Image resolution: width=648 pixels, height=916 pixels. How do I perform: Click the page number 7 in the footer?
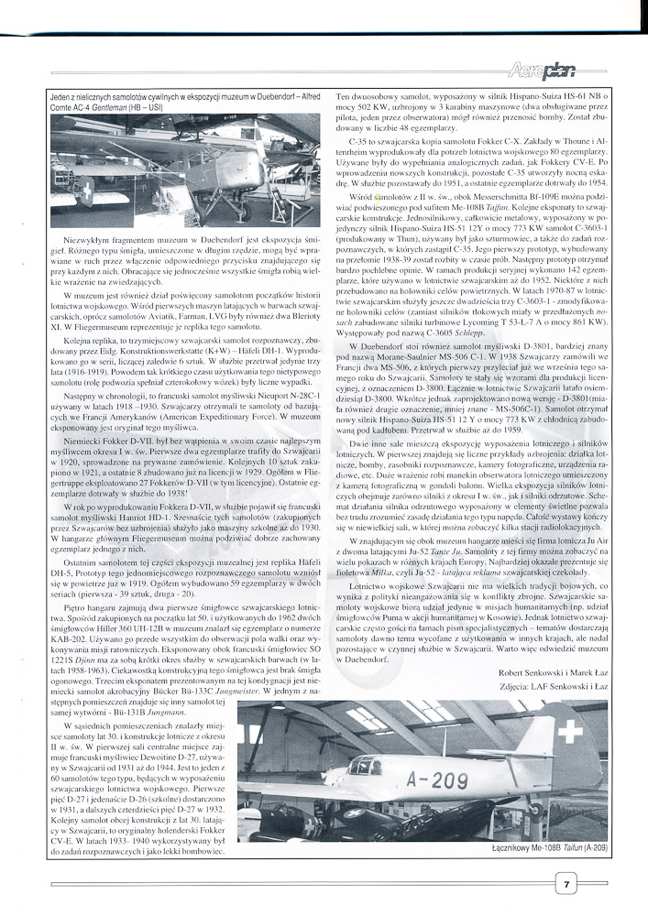pyautogui.click(x=568, y=884)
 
